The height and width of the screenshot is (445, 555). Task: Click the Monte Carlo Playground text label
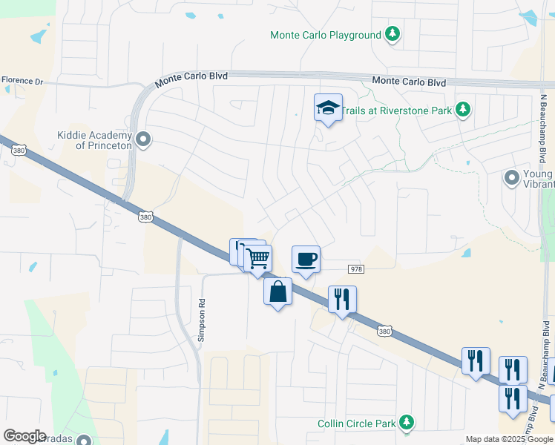(x=325, y=35)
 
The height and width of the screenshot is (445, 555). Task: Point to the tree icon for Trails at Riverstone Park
(x=464, y=110)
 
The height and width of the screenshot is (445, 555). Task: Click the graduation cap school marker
(x=327, y=108)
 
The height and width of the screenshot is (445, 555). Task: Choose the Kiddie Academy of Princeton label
(x=94, y=140)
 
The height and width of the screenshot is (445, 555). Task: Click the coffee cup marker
(x=306, y=260)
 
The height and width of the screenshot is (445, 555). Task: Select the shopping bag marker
(x=277, y=291)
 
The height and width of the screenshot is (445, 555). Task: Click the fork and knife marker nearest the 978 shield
(x=342, y=300)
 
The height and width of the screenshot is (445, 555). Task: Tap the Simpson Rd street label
(x=200, y=320)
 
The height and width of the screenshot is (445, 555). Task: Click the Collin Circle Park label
(x=358, y=423)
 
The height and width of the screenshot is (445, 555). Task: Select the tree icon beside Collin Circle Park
(x=406, y=422)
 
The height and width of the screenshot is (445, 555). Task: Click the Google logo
(x=24, y=435)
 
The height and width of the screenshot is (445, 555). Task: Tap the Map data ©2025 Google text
(x=509, y=439)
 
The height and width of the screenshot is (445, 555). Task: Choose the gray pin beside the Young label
(x=511, y=178)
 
